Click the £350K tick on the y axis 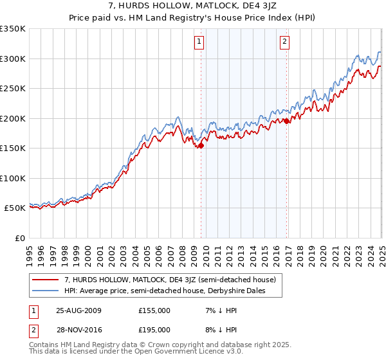(13, 29)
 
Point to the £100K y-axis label (13, 178)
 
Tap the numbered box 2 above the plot (284, 43)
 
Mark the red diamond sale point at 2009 (201, 145)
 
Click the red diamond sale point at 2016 (286, 121)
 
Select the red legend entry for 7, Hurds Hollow (170, 280)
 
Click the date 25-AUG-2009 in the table (78, 310)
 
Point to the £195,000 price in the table (154, 330)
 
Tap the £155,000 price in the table (154, 310)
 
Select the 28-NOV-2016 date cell (78, 330)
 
